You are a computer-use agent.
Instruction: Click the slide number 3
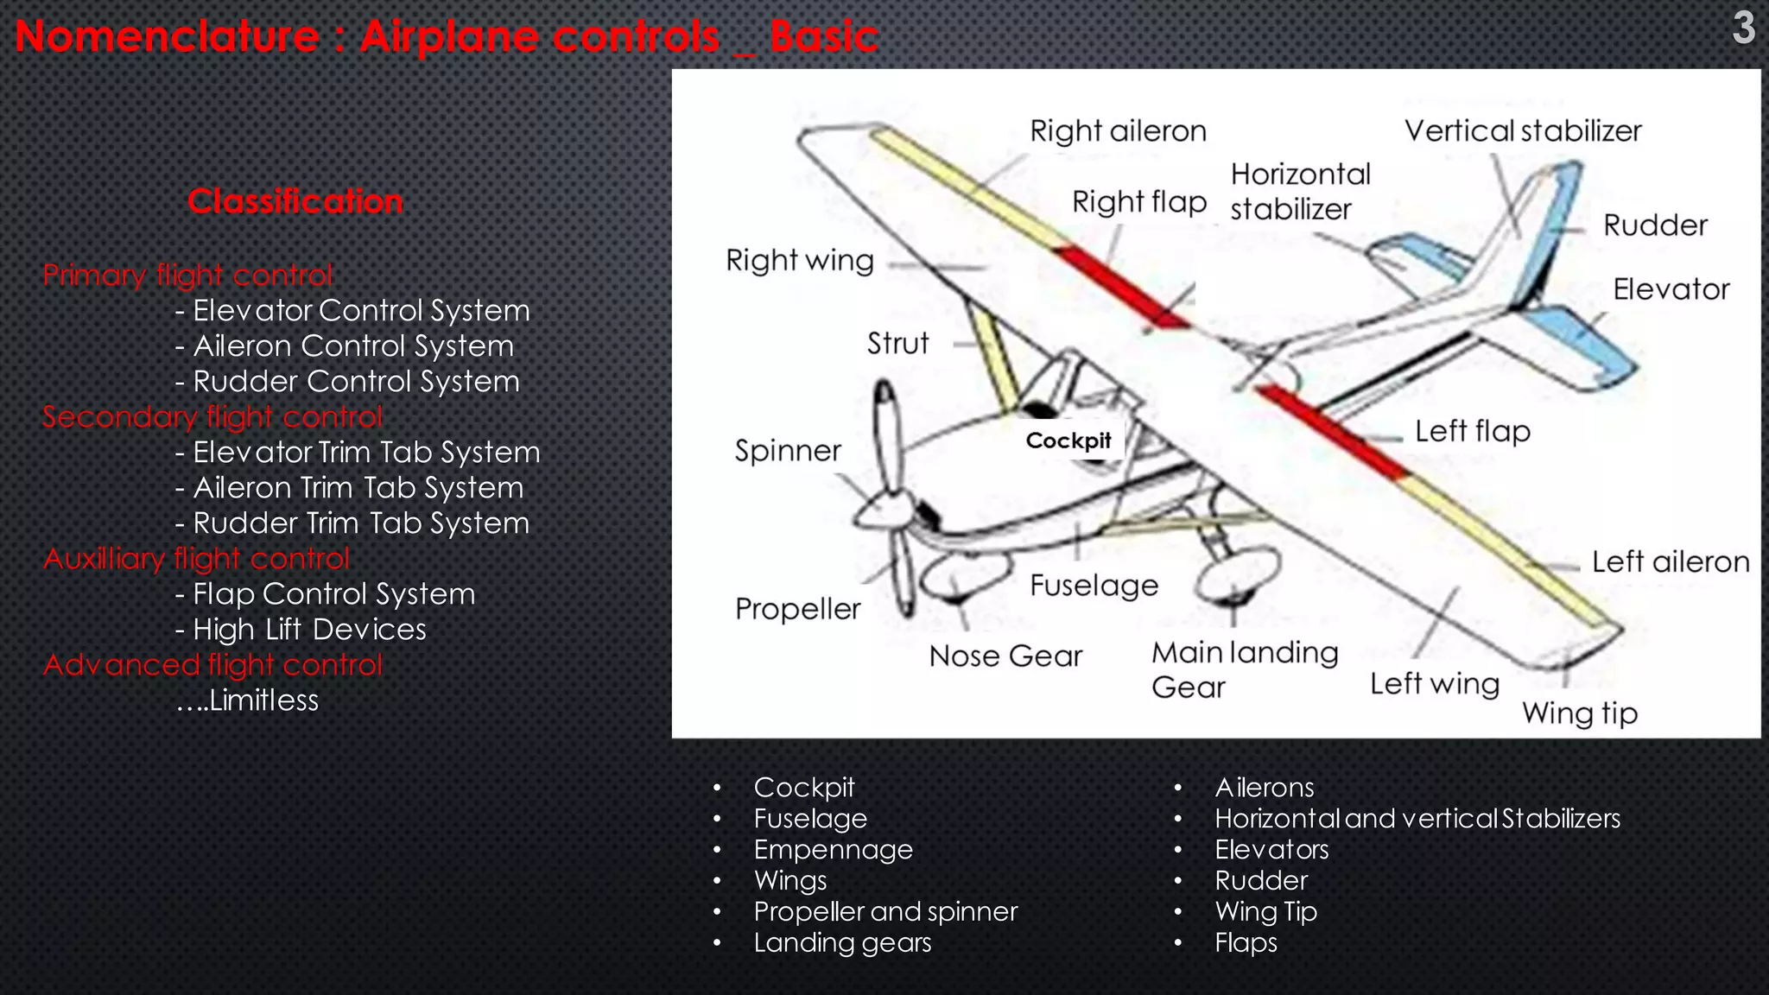[x=1743, y=28]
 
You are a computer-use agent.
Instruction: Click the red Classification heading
[x=295, y=201]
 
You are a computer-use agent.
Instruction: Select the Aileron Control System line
[x=345, y=345]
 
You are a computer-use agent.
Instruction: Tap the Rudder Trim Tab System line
[x=352, y=523]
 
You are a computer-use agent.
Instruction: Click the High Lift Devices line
[x=301, y=629]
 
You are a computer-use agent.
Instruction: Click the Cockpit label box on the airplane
[x=1068, y=440]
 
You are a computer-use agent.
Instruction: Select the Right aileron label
[x=1118, y=131]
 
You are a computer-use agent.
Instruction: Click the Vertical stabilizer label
[x=1522, y=131]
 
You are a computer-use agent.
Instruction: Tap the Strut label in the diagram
[x=897, y=343]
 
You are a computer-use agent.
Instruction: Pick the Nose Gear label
[x=1005, y=656]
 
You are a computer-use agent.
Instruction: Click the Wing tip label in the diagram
[x=1579, y=713]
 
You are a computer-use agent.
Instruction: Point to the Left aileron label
[x=1670, y=562]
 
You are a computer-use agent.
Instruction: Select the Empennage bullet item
[x=833, y=850]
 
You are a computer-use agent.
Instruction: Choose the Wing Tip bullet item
[x=1265, y=911]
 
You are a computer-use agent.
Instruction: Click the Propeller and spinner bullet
[x=885, y=911]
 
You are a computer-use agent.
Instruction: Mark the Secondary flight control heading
[x=212, y=416]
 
